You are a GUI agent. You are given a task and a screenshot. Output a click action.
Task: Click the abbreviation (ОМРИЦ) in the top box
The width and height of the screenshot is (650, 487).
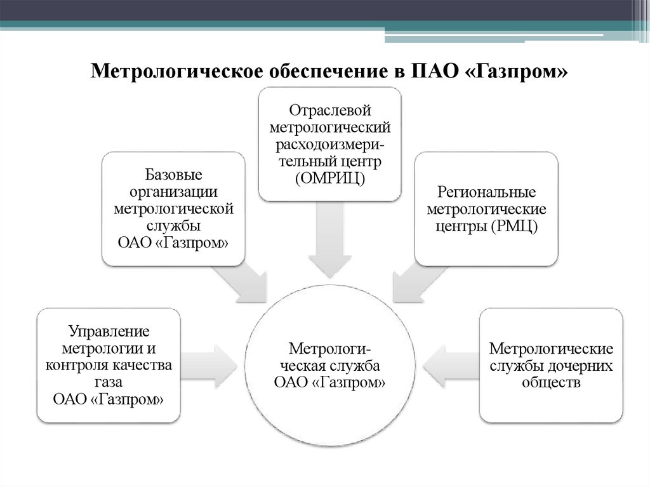coord(329,179)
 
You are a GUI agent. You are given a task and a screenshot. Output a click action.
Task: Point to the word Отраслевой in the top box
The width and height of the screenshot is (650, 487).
coord(329,110)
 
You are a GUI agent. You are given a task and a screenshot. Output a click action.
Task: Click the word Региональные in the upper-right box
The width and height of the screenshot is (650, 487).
coord(487,192)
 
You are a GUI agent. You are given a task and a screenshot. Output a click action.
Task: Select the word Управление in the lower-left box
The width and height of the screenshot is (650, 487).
coord(109,331)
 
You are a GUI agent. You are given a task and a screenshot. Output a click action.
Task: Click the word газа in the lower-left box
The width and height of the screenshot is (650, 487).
coord(109,382)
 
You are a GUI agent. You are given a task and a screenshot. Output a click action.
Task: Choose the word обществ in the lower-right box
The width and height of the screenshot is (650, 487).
coord(550,383)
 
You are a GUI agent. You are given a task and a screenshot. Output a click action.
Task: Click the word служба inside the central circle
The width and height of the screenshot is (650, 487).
coord(354,366)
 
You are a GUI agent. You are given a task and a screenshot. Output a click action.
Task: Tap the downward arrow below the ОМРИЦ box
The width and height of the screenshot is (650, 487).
coord(329,248)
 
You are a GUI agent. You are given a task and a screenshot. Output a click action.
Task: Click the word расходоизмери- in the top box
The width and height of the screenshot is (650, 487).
coord(329,145)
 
